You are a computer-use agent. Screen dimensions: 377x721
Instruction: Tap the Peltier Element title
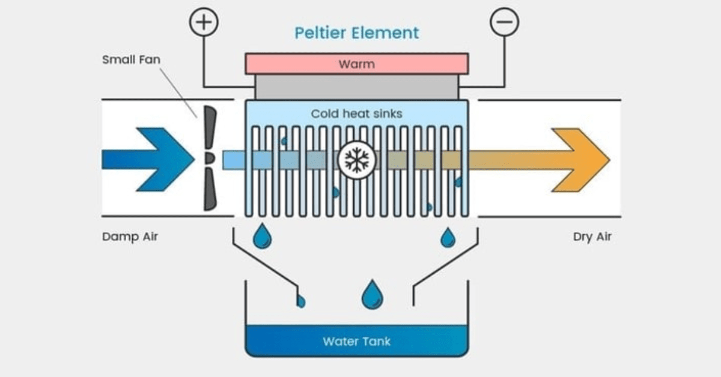click(356, 32)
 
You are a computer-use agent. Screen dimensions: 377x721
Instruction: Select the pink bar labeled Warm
click(356, 64)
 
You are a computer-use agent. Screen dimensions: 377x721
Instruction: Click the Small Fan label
click(131, 60)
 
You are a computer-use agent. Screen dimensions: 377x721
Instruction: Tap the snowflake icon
click(357, 160)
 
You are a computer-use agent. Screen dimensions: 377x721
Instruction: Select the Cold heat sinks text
click(356, 113)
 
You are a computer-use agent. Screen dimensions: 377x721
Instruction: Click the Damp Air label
click(130, 237)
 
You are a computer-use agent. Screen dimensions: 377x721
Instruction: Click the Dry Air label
click(592, 237)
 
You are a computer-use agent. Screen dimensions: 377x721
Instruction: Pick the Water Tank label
click(356, 342)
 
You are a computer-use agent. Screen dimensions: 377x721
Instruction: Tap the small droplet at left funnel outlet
click(300, 301)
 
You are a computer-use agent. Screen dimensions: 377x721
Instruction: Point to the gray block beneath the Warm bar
click(356, 87)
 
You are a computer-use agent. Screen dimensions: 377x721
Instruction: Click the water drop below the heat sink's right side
click(448, 237)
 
